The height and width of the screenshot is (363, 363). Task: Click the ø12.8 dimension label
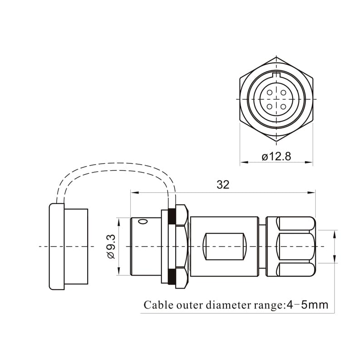pos(276,157)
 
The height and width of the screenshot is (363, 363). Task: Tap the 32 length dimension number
pos(223,185)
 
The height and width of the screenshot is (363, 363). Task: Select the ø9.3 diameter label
pos(111,246)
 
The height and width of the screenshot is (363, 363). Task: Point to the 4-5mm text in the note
pos(308,305)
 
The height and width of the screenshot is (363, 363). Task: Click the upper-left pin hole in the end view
pos(270,93)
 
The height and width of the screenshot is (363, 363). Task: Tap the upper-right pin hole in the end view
pos(283,93)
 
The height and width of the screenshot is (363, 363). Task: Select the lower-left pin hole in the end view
pos(270,107)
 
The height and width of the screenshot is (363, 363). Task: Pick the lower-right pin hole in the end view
pos(283,107)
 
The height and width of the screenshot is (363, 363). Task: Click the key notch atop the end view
pos(276,75)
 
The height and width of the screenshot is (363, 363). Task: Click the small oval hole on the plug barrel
pos(143,222)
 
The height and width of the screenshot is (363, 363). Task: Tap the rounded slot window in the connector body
pos(224,246)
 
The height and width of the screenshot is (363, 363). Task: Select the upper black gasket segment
pos(172,216)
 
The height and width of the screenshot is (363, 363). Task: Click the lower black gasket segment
pos(172,276)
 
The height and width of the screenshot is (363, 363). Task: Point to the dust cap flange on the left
pos(57,246)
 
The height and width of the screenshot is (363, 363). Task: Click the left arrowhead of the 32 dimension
pos(135,192)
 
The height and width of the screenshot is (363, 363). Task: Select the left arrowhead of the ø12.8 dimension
pos(244,162)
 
